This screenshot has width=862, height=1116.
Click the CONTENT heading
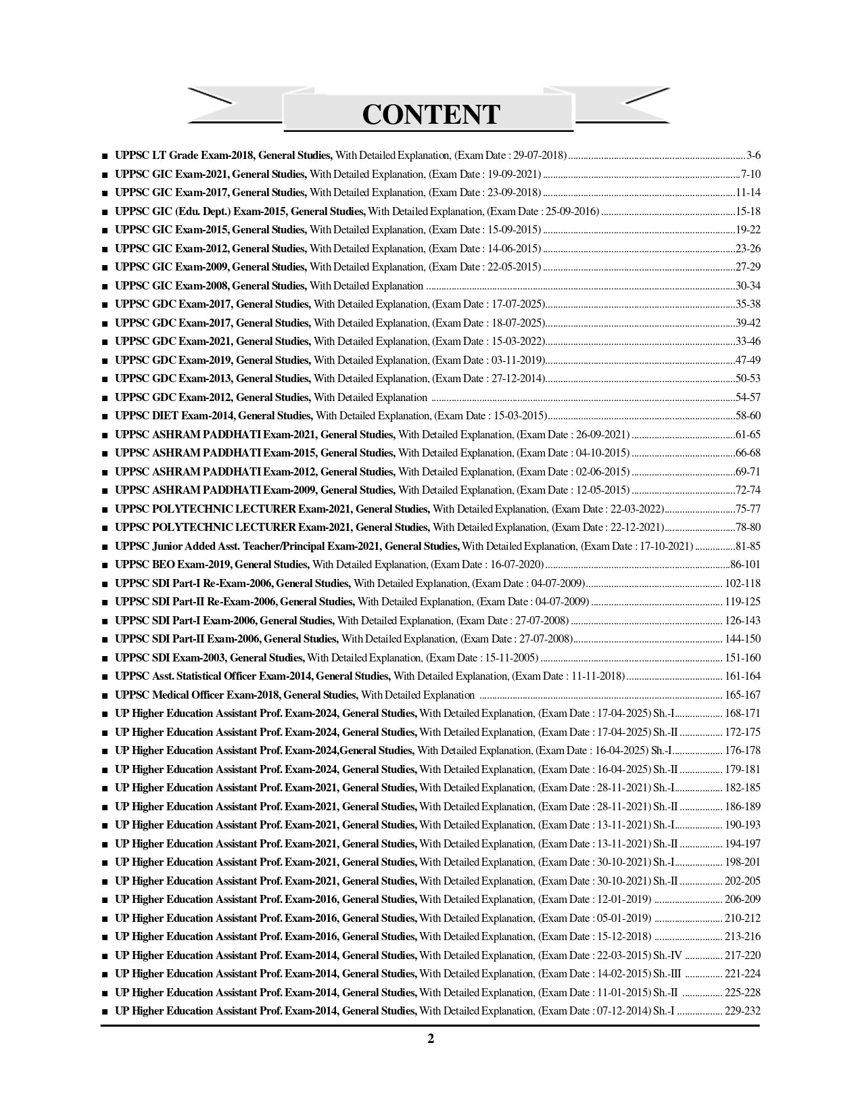point(431,114)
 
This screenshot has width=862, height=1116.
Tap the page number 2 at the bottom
point(431,1039)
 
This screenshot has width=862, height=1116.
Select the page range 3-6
point(753,155)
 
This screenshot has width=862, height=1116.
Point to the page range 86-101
point(745,564)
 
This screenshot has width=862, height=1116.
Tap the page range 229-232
point(742,1010)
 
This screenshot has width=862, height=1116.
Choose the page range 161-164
point(742,676)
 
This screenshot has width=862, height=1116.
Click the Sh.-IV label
point(669,955)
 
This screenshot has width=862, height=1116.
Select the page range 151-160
point(742,657)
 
